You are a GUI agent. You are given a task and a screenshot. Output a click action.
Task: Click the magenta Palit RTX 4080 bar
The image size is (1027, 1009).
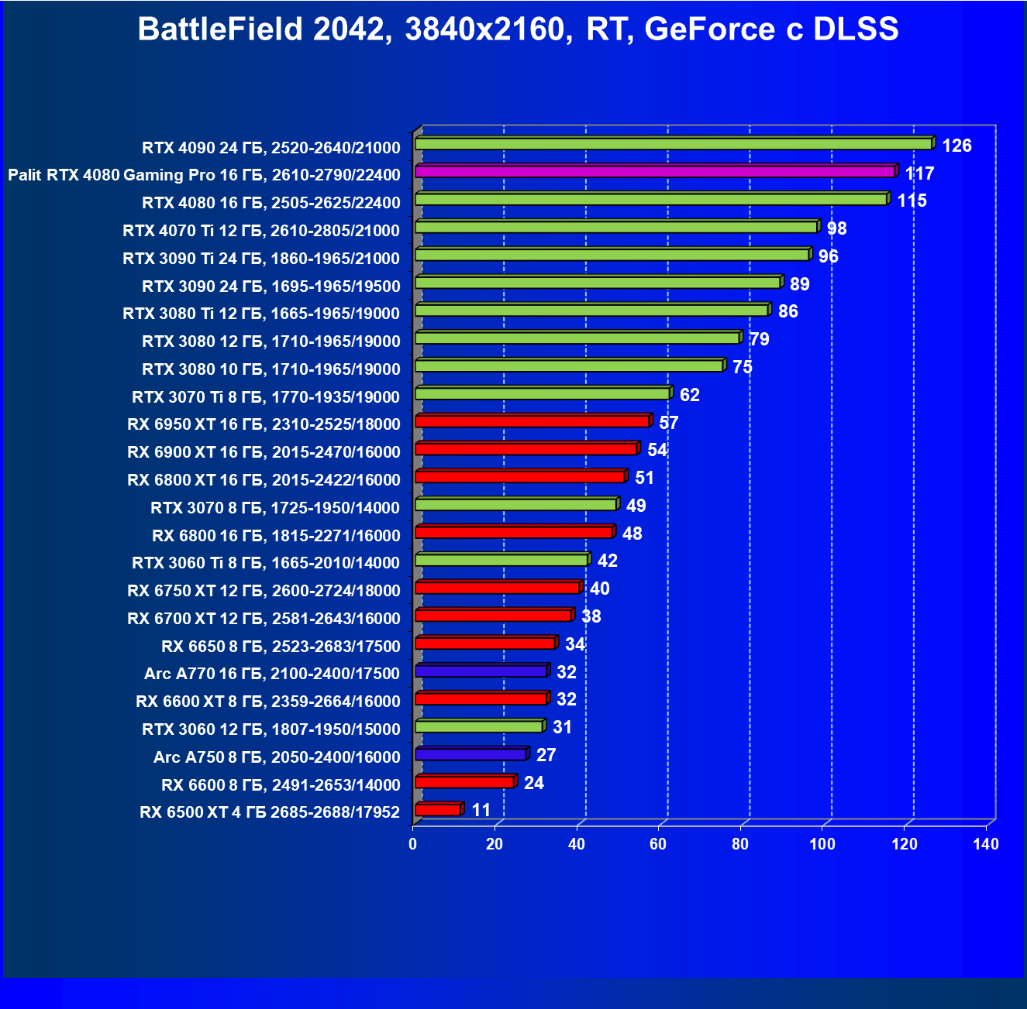click(655, 171)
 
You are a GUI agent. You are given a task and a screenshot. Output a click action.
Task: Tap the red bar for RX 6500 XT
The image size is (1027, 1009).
click(438, 810)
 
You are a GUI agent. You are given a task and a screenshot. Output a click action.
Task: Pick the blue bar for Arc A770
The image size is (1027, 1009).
click(481, 671)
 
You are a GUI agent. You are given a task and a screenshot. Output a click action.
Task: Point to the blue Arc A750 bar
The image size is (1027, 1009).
click(470, 754)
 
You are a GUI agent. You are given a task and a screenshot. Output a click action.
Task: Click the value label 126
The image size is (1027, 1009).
click(956, 146)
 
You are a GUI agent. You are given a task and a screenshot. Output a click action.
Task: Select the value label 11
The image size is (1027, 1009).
click(481, 810)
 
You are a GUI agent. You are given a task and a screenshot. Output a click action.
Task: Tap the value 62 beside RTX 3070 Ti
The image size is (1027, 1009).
click(689, 395)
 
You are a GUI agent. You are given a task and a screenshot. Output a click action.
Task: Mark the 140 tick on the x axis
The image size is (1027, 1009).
click(986, 844)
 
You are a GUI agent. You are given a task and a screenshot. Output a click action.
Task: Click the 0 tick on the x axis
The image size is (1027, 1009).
click(413, 844)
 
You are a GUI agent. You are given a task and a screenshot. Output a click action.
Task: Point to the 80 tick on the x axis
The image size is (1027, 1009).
click(740, 844)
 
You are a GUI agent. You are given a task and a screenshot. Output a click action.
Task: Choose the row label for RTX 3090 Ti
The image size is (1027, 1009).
click(261, 258)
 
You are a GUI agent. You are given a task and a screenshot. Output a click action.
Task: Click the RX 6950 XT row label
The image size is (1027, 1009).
click(264, 424)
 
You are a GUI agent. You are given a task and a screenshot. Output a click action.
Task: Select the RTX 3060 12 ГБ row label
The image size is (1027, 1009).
click(271, 729)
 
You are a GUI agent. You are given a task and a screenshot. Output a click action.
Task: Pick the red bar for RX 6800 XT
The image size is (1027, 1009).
click(520, 476)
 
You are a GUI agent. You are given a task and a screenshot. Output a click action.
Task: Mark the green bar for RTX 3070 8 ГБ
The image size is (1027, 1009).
click(515, 504)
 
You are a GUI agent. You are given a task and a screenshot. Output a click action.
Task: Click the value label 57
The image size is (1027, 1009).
click(668, 423)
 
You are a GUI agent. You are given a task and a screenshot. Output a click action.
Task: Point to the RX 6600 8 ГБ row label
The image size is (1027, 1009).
click(281, 785)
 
